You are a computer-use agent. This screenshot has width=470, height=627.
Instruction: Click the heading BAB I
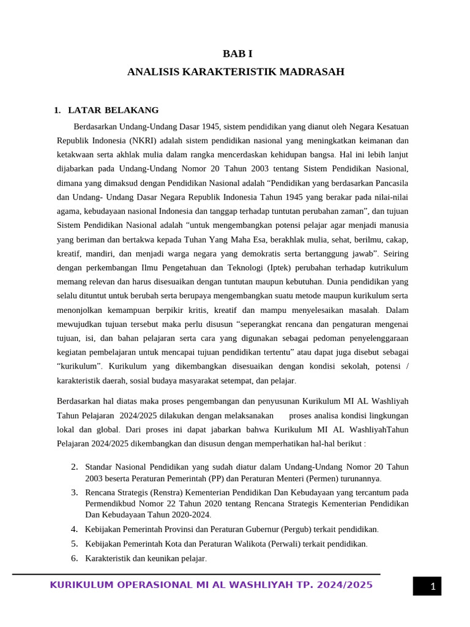click(236, 53)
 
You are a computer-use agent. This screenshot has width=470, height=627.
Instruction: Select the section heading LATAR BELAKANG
click(113, 110)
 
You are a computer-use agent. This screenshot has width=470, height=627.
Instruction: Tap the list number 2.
click(74, 467)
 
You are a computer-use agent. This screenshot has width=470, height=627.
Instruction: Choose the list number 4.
click(74, 529)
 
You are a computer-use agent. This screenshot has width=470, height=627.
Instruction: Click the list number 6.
click(74, 558)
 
